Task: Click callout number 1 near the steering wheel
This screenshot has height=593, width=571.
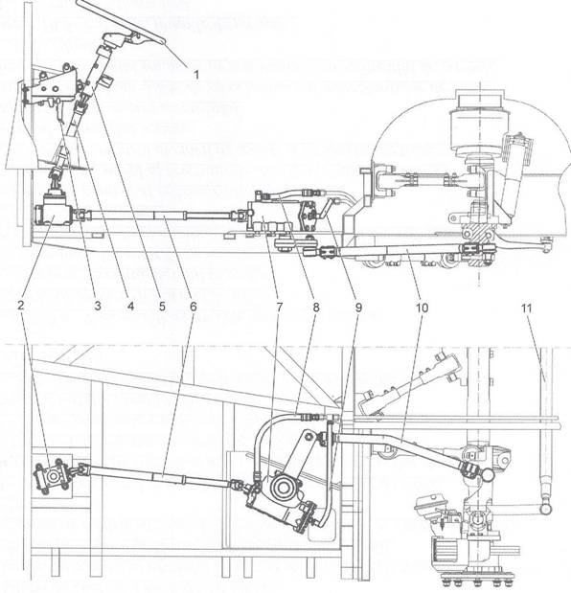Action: click(195, 75)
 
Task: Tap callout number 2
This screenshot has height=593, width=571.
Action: click(21, 306)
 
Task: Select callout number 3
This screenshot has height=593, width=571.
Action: click(98, 306)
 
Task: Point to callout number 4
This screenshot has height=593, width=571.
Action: click(130, 306)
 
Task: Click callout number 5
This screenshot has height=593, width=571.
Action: click(162, 306)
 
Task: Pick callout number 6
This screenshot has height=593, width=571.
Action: click(194, 306)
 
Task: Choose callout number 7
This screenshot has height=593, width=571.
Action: click(279, 308)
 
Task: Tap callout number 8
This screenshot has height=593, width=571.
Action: click(316, 308)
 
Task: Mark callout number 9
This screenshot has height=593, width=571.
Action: click(358, 308)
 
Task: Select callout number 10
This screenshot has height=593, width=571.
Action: click(422, 308)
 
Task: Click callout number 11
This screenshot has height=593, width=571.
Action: click(526, 308)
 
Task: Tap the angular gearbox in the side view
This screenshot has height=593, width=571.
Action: click(52, 209)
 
